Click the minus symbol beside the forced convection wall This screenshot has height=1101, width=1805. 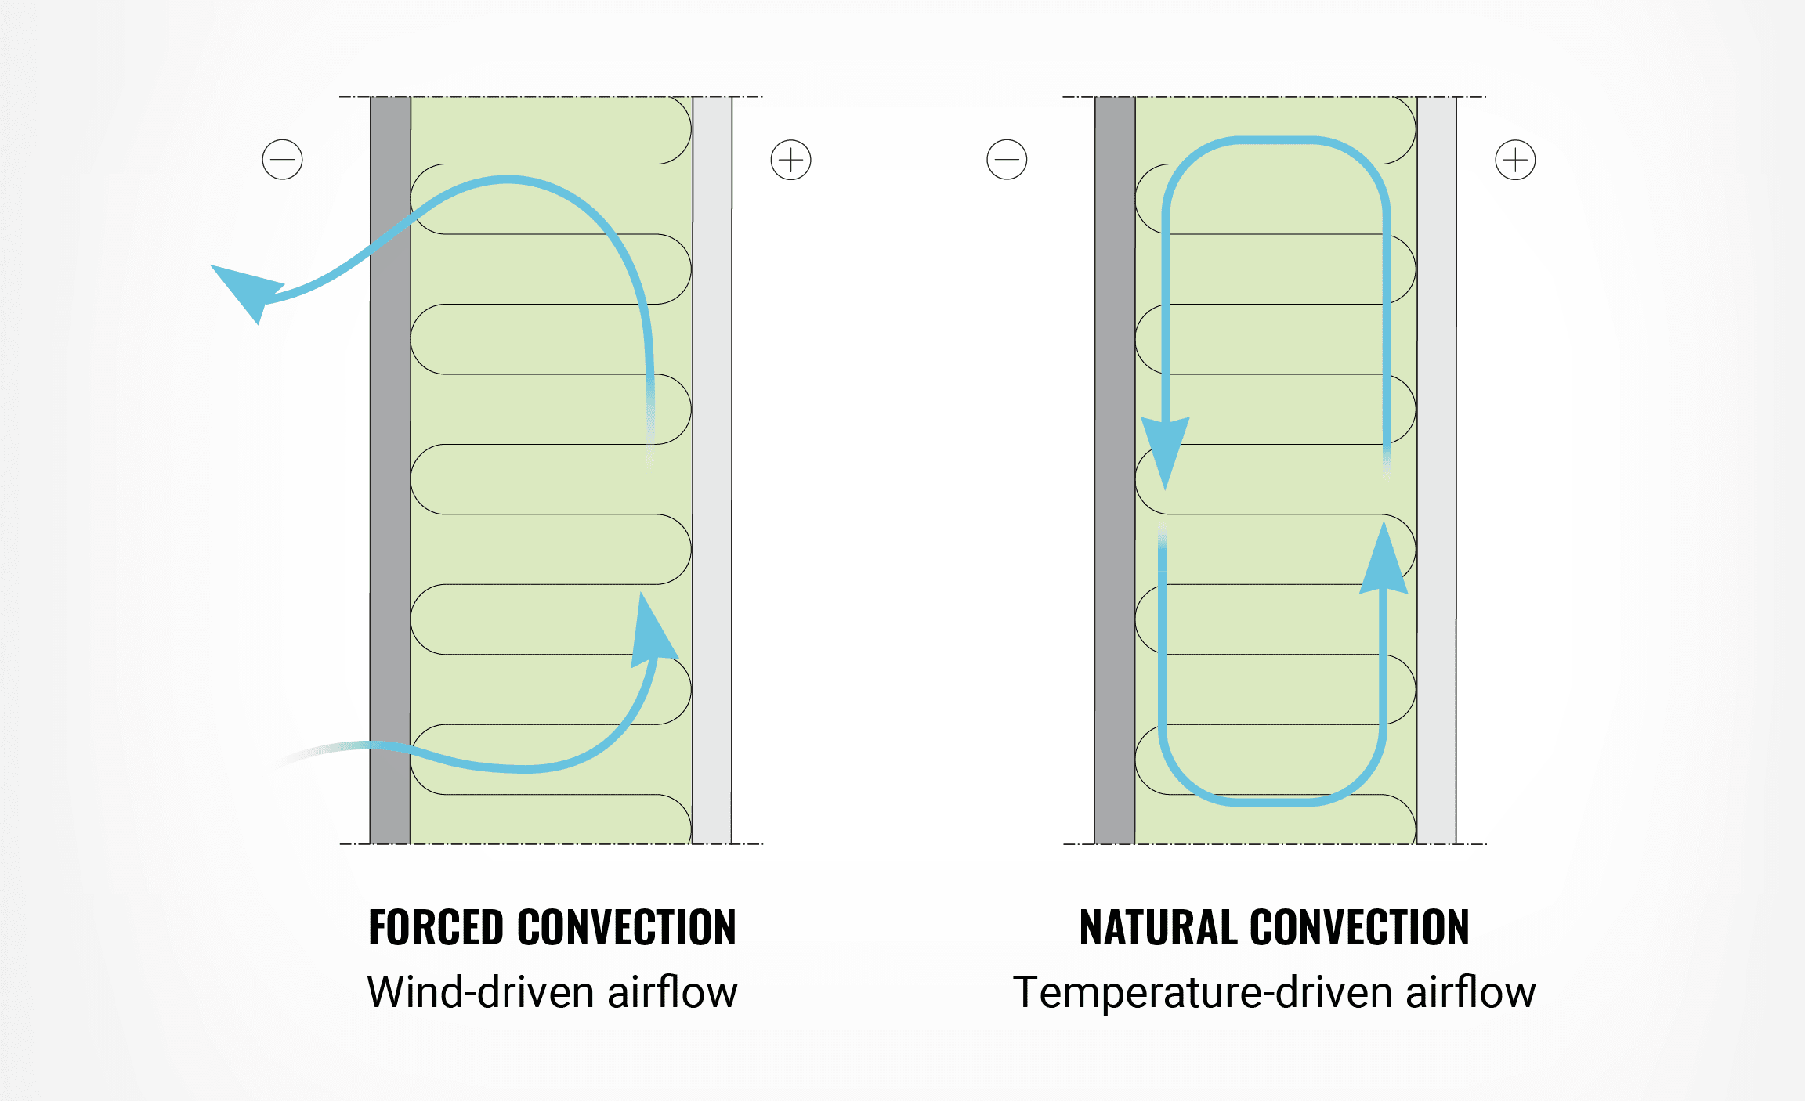282,160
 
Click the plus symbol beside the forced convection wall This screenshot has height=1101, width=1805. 790,160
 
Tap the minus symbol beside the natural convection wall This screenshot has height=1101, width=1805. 1007,160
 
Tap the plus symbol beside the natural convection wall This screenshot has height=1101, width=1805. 1515,160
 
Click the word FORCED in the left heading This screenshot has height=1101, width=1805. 435,928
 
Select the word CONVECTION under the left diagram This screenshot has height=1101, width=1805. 627,928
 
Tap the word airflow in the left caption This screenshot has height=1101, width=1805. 672,992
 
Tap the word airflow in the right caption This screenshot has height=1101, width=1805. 1470,992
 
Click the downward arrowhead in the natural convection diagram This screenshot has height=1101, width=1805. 1165,450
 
